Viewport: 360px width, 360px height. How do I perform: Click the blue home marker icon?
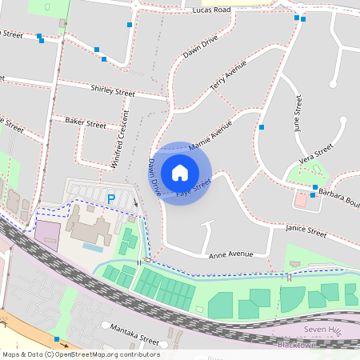pyautogui.click(x=180, y=172)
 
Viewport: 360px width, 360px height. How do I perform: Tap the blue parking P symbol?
pyautogui.click(x=112, y=198)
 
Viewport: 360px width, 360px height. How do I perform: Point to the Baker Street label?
pyautogui.click(x=86, y=124)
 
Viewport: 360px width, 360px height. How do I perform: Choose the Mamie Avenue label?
pyautogui.click(x=210, y=136)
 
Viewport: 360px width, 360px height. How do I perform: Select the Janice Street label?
pyautogui.click(x=306, y=233)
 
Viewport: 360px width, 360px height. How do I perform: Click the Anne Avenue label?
pyautogui.click(x=230, y=255)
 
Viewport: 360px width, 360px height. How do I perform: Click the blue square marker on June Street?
pyautogui.click(x=261, y=127)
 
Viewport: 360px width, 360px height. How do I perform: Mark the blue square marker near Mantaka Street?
pyautogui.click(x=56, y=339)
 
